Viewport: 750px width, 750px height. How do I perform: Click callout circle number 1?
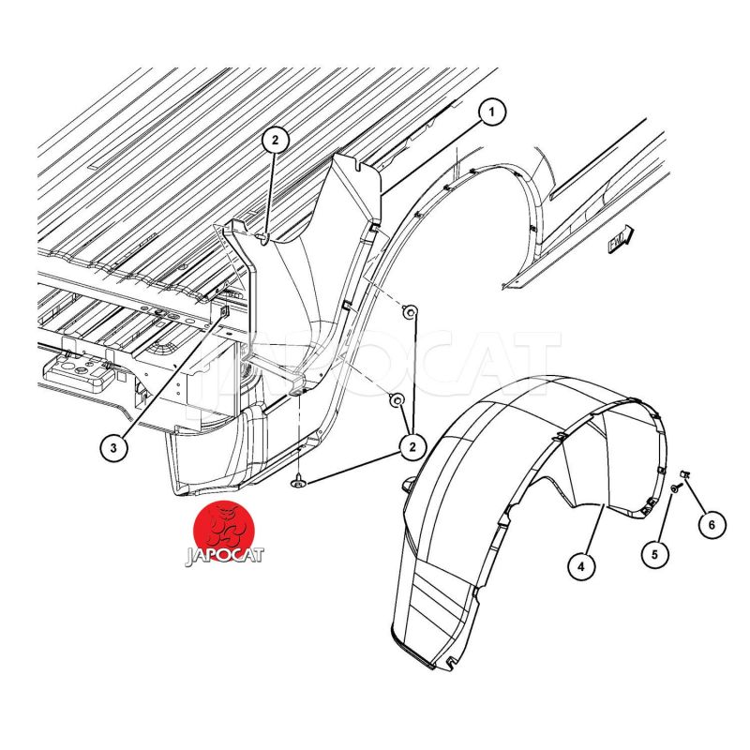490,112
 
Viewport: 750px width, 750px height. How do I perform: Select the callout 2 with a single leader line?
275,140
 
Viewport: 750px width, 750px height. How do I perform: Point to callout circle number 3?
113,448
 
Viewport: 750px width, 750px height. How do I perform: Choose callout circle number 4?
581,567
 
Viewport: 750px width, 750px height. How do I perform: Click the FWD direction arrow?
622,240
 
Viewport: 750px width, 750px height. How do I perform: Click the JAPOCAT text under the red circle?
224,556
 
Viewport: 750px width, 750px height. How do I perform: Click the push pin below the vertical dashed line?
298,484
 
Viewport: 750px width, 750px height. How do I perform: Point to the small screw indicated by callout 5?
674,488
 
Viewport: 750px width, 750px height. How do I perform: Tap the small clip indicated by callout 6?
684,474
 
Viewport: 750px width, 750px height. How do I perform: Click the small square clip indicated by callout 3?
224,312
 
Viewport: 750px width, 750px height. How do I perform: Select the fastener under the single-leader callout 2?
264,237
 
